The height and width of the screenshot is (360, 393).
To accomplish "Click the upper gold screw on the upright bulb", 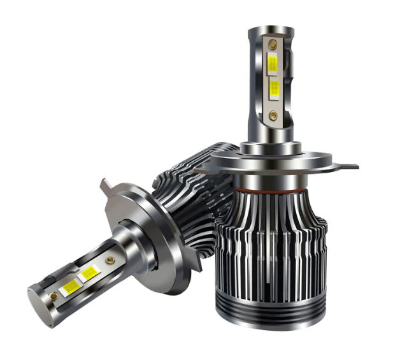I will coord(273,45).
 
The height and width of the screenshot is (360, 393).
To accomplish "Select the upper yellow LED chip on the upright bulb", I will coord(273,64).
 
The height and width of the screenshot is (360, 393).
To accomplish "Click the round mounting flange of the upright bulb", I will coord(271,162).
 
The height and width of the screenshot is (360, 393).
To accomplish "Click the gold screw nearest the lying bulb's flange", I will coord(111,260).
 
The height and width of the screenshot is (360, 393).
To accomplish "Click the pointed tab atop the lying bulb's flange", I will coord(104,186).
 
